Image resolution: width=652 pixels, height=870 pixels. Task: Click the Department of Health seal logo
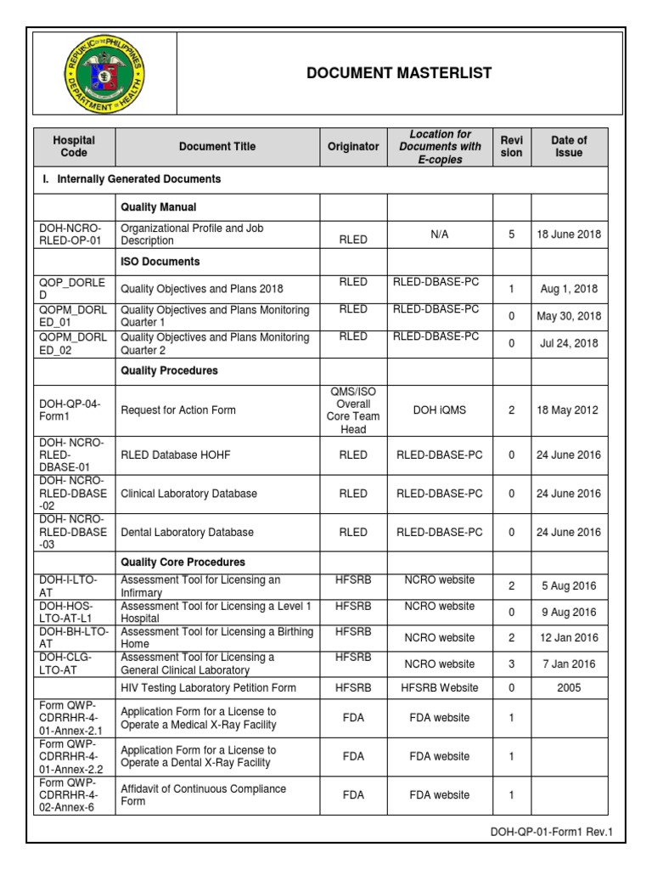[x=104, y=73]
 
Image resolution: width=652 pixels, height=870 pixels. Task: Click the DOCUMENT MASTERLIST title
[x=399, y=73]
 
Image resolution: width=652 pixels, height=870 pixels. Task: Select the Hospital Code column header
[x=74, y=147]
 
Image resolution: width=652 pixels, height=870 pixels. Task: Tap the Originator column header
[x=353, y=147]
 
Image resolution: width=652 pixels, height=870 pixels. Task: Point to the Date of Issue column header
[x=569, y=147]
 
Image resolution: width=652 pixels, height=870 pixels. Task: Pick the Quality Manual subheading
[x=159, y=206]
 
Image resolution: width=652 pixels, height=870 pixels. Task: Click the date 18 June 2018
[x=569, y=234]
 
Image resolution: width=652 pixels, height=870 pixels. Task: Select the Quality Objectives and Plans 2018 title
[x=201, y=289]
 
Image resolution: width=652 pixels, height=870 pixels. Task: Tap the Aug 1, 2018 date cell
[x=569, y=289]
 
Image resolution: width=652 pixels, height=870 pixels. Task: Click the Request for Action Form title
[x=178, y=410]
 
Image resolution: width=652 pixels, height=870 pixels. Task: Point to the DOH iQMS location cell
[x=438, y=410]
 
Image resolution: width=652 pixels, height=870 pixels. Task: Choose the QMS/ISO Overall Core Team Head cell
[x=353, y=410]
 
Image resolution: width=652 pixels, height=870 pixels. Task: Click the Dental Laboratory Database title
[x=187, y=533]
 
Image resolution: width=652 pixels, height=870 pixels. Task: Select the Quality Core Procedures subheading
[x=183, y=562]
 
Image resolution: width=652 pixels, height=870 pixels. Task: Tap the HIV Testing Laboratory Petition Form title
[x=208, y=688]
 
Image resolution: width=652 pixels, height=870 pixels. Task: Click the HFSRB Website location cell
[x=438, y=688]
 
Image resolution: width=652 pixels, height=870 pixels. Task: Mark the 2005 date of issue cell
[x=569, y=688]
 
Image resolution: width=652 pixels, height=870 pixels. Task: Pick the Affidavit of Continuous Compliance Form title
[x=203, y=795]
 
